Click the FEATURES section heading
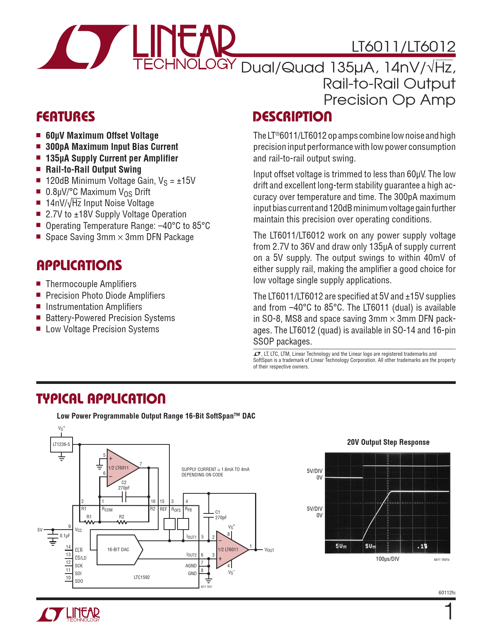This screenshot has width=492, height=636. [66, 117]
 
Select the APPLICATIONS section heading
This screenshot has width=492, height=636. [79, 266]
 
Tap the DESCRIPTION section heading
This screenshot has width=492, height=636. [292, 117]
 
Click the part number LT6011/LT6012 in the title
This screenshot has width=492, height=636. [403, 47]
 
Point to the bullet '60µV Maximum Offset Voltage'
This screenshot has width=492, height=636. [102, 136]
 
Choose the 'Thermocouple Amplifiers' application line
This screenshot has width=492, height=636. [91, 284]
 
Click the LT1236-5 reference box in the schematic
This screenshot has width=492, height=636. [61, 444]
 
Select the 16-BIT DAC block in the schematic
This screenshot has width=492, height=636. [118, 550]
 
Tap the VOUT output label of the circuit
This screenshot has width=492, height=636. [269, 550]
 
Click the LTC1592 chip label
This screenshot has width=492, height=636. [142, 577]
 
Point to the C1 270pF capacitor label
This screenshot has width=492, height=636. [221, 515]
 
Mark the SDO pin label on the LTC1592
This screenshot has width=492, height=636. [79, 581]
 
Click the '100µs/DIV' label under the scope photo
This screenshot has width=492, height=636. [387, 559]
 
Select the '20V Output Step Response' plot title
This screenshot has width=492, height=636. [388, 442]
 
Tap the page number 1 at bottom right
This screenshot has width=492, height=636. [449, 612]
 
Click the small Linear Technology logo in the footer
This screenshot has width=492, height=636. [68, 614]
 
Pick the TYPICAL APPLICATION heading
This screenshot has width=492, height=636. [101, 399]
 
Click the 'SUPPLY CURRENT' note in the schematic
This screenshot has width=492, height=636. [215, 472]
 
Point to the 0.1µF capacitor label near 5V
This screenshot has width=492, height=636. [65, 536]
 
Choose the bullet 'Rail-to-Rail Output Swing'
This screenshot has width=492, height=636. [93, 170]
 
